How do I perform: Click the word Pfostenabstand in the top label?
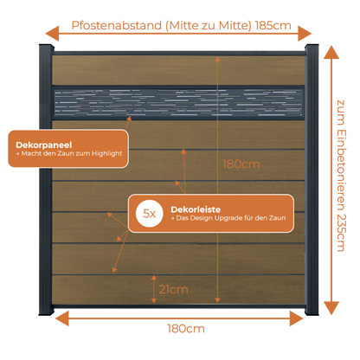(117, 25)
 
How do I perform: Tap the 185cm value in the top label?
(273, 25)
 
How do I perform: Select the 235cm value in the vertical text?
(341, 233)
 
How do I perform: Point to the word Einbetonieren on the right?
(341, 170)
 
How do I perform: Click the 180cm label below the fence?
(186, 329)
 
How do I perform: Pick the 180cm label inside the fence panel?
(241, 164)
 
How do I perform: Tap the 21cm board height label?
(173, 289)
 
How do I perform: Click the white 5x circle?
(150, 214)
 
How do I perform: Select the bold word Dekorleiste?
(196, 209)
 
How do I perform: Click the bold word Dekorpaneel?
(44, 145)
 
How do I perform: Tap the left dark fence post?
(46, 179)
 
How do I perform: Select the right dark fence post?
(312, 179)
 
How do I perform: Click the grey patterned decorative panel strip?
(178, 103)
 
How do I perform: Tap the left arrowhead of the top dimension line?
(52, 33)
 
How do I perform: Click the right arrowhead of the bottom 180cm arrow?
(296, 318)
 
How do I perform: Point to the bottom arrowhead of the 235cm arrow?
(331, 308)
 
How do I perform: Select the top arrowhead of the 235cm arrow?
(331, 52)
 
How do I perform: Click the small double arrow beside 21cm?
(154, 289)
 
